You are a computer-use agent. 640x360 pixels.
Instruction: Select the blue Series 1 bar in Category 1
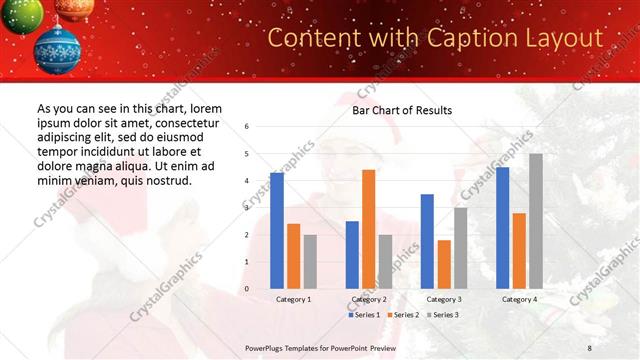pyautogui.click(x=277, y=230)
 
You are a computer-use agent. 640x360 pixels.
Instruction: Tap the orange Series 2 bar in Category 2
pyautogui.click(x=368, y=229)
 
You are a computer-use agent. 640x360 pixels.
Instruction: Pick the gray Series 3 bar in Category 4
pyautogui.click(x=536, y=221)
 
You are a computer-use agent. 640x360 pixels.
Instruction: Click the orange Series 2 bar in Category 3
pyautogui.click(x=444, y=264)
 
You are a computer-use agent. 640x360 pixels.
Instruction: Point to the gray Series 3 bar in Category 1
pyautogui.click(x=310, y=261)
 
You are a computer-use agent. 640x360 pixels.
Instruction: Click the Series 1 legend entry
pyautogui.click(x=364, y=315)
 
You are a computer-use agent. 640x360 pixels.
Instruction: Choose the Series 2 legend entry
pyautogui.click(x=402, y=315)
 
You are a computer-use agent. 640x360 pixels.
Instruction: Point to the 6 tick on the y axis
pyautogui.click(x=247, y=127)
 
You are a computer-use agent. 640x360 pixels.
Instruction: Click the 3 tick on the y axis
pyautogui.click(x=247, y=208)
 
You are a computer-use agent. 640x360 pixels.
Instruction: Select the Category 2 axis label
pyautogui.click(x=368, y=299)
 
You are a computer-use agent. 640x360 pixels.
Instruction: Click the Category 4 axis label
pyautogui.click(x=519, y=299)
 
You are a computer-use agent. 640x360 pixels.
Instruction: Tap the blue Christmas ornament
pyautogui.click(x=57, y=48)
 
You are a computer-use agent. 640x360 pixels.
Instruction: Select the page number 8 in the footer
pyautogui.click(x=589, y=347)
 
